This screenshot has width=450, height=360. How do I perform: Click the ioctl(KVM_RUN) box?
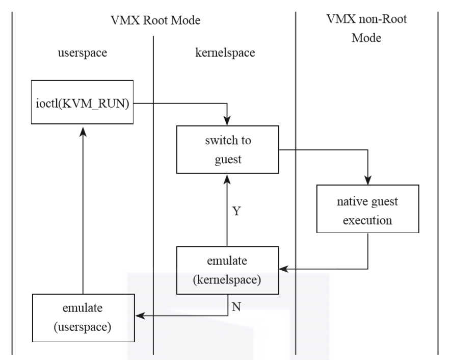tap(82, 101)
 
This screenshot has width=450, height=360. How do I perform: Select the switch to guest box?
tap(227, 149)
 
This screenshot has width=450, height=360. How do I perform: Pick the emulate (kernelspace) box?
tap(227, 270)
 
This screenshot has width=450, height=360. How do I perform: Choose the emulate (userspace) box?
tap(82, 318)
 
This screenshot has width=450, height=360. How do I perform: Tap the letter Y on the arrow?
tap(236, 210)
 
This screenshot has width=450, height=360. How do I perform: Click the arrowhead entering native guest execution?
tap(367, 181)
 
